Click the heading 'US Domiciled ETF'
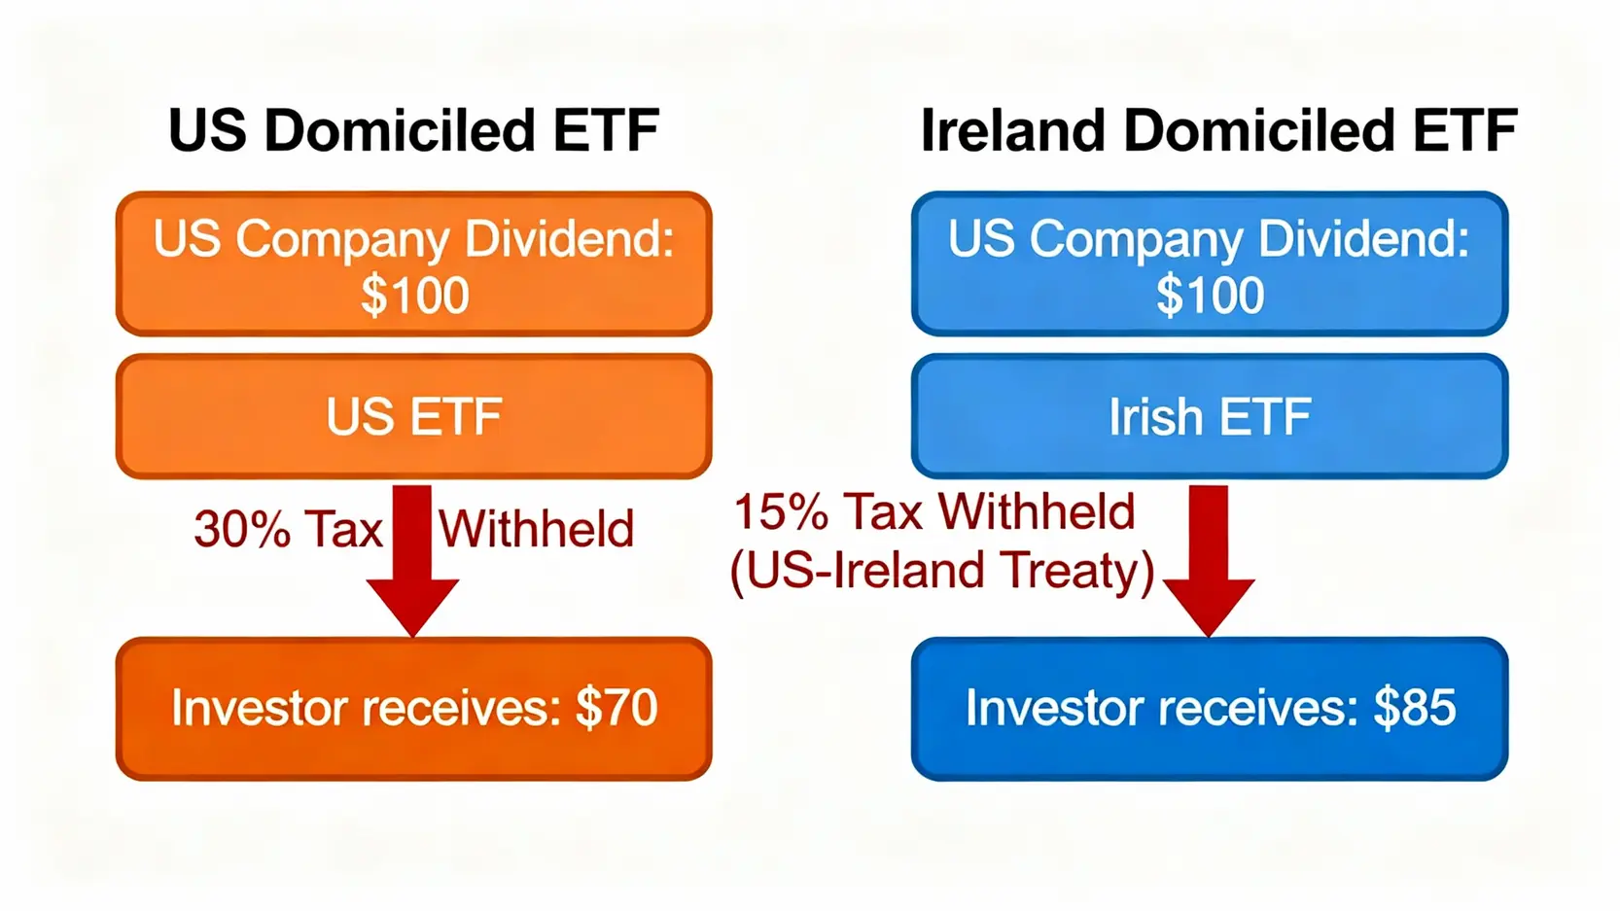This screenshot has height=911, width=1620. tap(413, 130)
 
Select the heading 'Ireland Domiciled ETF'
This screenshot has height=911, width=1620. tap(1218, 130)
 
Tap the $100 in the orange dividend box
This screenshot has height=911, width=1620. tap(414, 295)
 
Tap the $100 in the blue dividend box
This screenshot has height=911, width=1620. tap(1210, 295)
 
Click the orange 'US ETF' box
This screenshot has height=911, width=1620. tap(413, 416)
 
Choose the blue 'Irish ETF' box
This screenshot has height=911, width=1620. tap(1210, 416)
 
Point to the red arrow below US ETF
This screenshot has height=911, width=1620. tap(412, 561)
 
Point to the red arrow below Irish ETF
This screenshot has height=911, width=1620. tap(1209, 561)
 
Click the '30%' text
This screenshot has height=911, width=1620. tap(242, 529)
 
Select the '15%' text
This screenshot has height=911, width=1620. tap(781, 512)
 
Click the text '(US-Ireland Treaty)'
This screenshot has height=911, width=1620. tap(941, 571)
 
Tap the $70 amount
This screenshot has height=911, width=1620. tap(616, 707)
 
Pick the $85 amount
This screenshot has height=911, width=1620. tap(1415, 707)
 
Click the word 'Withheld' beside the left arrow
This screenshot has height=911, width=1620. tap(536, 529)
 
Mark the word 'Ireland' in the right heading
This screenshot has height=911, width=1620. tap(1012, 130)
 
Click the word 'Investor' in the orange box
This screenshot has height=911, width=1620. tap(260, 707)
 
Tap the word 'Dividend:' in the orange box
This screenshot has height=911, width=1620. tap(569, 238)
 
